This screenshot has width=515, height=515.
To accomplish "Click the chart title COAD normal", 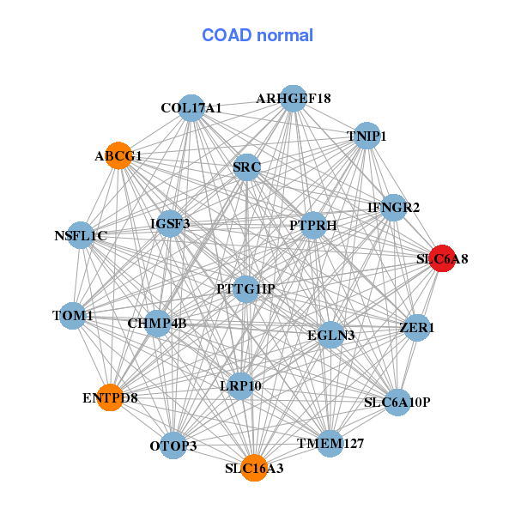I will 257,35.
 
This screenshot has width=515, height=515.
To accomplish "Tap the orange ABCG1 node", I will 118,155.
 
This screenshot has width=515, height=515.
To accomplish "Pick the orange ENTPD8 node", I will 110,397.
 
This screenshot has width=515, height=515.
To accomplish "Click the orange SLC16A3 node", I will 254,468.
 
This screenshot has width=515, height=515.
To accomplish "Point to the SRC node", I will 246,167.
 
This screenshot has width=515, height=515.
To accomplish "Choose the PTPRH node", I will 313,225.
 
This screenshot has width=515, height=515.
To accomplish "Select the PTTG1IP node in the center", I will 245,288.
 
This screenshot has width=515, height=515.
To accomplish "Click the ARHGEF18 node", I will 294,98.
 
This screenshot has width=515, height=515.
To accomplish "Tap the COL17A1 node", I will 191,108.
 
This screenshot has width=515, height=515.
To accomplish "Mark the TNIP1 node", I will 367,136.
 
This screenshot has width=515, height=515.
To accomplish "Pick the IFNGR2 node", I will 393,207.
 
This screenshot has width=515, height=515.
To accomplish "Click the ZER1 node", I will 417,328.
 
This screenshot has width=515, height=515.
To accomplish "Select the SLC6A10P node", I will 397,402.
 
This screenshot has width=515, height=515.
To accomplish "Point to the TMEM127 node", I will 330,443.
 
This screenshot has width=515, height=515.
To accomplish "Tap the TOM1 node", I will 73,316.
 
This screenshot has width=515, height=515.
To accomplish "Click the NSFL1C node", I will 80,235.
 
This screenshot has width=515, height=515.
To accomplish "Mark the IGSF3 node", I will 170,224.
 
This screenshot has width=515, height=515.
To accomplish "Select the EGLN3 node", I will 331,334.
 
